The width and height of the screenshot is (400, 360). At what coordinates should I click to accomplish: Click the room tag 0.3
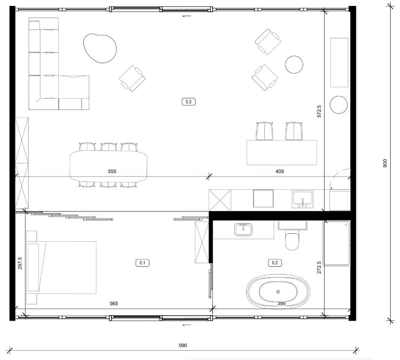188,102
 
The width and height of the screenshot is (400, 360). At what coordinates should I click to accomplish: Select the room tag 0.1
143,262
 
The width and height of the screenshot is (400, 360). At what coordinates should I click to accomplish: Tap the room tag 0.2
275,262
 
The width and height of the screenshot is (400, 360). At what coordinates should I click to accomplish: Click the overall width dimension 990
182,345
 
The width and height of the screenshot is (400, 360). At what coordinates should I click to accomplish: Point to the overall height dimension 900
385,163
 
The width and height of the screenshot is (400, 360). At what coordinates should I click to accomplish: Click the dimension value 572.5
319,111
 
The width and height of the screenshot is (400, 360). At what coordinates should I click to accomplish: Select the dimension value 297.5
20,263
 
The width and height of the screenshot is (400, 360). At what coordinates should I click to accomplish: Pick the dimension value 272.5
319,267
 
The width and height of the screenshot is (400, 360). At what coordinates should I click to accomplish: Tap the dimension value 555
112,171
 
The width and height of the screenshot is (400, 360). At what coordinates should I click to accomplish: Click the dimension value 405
280,171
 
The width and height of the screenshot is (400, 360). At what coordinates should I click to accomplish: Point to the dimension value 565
114,303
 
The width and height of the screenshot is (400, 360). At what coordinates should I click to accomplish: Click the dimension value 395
281,303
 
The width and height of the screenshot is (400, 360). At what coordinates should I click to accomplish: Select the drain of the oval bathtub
278,291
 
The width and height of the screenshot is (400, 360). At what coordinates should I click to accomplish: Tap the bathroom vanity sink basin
243,229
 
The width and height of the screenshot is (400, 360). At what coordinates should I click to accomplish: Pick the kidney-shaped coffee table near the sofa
100,48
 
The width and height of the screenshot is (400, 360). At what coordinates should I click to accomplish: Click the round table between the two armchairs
294,65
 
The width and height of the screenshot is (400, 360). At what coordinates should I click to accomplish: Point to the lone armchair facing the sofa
132,78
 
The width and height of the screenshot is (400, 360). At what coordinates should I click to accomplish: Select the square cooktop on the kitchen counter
263,198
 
